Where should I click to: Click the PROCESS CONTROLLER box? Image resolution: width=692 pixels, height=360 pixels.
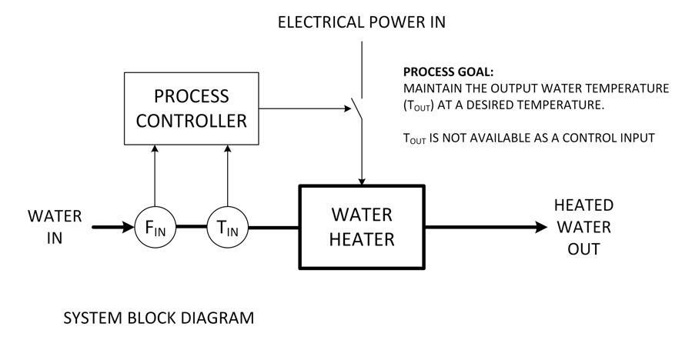click(191, 108)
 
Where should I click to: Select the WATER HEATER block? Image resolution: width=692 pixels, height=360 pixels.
click(361, 227)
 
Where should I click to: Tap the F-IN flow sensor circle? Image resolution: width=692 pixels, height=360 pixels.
click(155, 228)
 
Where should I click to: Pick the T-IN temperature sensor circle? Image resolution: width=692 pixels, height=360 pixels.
click(227, 228)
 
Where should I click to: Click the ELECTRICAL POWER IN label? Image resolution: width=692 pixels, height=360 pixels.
click(361, 22)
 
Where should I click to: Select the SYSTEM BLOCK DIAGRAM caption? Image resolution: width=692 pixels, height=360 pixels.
click(158, 318)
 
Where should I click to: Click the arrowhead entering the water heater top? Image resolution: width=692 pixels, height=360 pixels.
click(361, 180)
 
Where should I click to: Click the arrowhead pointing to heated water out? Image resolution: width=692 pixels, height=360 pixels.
click(540, 228)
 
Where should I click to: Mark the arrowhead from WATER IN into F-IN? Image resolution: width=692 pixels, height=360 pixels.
click(128, 228)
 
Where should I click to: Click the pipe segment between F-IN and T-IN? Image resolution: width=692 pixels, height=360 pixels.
click(191, 228)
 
